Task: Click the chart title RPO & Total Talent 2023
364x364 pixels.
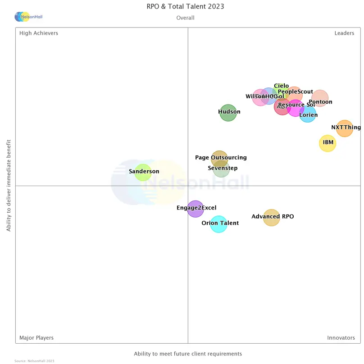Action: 185,6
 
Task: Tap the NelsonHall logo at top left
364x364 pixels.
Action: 28,17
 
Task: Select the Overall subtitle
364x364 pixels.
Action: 185,18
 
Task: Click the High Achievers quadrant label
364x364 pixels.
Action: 39,33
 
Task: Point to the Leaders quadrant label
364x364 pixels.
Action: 344,33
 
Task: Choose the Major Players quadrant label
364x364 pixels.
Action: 36,337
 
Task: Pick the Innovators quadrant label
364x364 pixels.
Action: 341,337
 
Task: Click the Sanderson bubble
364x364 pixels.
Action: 143,172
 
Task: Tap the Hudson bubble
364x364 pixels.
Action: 228,113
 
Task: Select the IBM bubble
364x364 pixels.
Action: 328,143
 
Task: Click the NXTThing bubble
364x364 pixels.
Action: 345,128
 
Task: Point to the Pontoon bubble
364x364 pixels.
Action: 320,98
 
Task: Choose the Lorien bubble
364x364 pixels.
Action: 308,114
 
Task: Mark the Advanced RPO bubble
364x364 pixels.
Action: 271,218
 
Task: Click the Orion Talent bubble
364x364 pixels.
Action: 219,224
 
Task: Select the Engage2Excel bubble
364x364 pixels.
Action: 196,209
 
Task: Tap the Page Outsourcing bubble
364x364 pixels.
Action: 219,158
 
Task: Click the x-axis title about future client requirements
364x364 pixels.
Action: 188,354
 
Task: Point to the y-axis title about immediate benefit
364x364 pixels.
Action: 9,186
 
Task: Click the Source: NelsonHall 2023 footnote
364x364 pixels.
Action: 34,361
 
